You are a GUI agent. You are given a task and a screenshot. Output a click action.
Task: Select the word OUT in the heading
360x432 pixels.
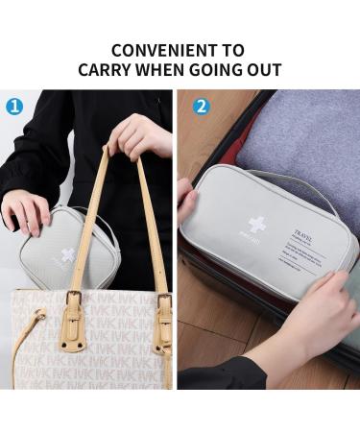(262, 70)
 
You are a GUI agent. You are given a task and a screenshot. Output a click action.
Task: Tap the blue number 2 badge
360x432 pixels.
(201, 107)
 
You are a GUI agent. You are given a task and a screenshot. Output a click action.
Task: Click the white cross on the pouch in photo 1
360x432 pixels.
(68, 255)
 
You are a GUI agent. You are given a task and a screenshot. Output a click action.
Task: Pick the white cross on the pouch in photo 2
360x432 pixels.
(256, 225)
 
